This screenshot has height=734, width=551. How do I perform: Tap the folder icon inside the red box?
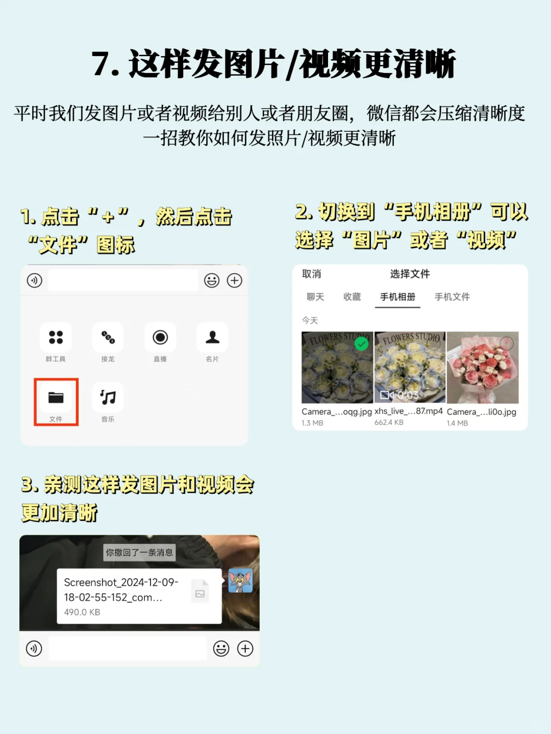point(56,397)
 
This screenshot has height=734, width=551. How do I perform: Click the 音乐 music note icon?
point(108,397)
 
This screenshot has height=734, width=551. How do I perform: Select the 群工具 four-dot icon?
point(56,337)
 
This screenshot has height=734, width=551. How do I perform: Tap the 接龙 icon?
point(108,337)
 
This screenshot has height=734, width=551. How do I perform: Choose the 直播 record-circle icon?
point(160,337)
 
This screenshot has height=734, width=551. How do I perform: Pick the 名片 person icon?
point(212,337)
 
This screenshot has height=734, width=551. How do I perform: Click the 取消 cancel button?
point(311,274)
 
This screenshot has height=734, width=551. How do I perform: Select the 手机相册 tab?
point(397,297)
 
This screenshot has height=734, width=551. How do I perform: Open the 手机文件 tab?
point(452,297)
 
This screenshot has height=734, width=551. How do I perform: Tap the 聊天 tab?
point(315,297)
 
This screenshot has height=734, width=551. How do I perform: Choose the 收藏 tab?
point(352,297)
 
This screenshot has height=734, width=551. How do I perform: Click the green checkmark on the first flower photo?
point(362,344)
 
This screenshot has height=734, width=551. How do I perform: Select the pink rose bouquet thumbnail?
point(483,367)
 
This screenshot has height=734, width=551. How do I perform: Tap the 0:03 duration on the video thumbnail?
point(408,395)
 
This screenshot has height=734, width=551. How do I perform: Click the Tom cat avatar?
point(240,580)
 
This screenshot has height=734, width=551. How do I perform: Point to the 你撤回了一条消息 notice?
point(139,552)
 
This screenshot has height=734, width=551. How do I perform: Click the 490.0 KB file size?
point(82,612)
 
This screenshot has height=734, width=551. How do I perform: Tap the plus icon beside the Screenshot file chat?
point(245,649)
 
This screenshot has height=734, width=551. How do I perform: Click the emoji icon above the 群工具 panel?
point(212,280)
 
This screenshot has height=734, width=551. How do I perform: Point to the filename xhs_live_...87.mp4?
point(409,411)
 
